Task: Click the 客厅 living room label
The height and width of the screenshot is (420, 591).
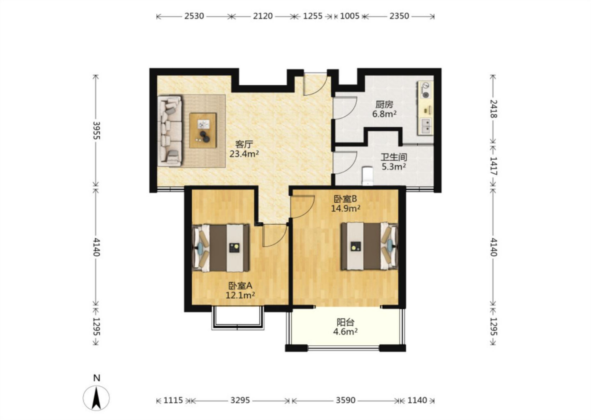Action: click(x=244, y=144)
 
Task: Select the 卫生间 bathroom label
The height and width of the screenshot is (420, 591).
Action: click(x=394, y=157)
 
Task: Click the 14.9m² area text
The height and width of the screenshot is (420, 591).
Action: click(x=346, y=208)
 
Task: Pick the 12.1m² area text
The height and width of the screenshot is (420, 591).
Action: click(x=240, y=295)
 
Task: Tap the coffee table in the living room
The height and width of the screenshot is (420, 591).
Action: click(x=203, y=130)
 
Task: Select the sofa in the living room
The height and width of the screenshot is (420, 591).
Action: click(x=170, y=131)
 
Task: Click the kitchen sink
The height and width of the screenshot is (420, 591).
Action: click(x=426, y=126)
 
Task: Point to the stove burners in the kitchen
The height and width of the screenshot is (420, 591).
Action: click(x=425, y=90)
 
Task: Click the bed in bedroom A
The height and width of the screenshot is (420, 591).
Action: click(x=221, y=248)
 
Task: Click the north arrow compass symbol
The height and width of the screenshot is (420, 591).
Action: click(x=96, y=398)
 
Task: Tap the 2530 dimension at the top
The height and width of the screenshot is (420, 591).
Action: click(x=194, y=16)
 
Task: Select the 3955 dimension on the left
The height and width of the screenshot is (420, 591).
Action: click(x=96, y=131)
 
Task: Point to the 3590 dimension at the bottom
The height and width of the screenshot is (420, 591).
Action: click(x=346, y=400)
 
